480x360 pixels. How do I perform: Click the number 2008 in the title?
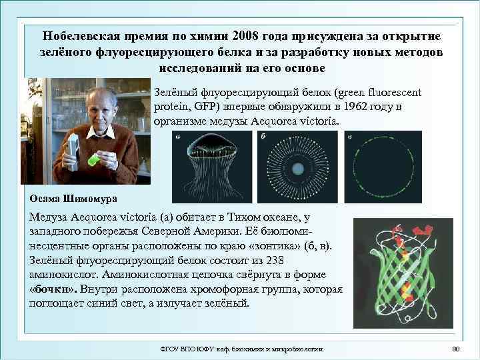coord(247,35)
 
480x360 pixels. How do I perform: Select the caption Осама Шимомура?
coord(73,197)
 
